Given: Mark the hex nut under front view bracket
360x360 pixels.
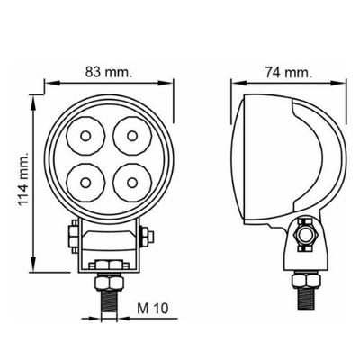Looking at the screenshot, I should pos(109,265).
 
